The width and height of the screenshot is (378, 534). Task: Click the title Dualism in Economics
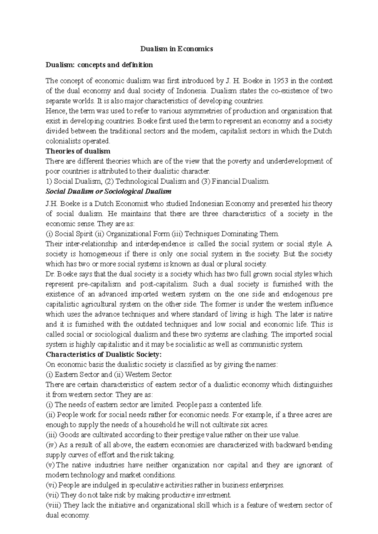tap(176, 49)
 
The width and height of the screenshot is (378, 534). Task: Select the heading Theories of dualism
tap(78, 151)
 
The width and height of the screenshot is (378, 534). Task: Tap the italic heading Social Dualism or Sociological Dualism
tap(108, 192)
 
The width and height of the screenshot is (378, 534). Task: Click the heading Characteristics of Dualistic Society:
tap(104, 354)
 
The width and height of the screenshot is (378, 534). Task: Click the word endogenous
tap(301, 294)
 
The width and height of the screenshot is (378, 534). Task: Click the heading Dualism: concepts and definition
tap(99, 65)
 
